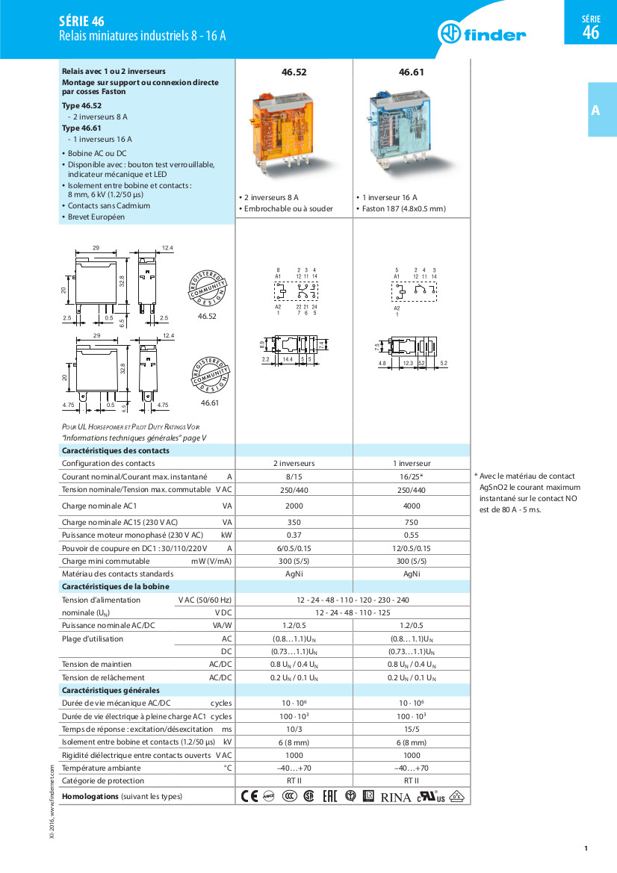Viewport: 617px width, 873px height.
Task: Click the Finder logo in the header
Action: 482,34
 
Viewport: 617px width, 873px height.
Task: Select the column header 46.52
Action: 294,72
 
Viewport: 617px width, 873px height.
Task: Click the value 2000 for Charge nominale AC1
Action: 294,506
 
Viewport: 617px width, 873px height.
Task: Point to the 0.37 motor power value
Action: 294,535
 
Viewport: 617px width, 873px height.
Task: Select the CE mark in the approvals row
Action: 249,796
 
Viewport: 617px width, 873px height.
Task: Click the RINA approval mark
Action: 396,797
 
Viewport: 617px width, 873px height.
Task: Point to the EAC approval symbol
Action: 329,796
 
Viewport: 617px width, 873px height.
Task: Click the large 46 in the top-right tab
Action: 591,33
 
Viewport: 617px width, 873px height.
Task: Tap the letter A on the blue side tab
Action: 595,111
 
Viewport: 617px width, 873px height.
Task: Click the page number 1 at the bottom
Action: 586,848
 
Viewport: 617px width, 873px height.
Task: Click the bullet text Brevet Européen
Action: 96,217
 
